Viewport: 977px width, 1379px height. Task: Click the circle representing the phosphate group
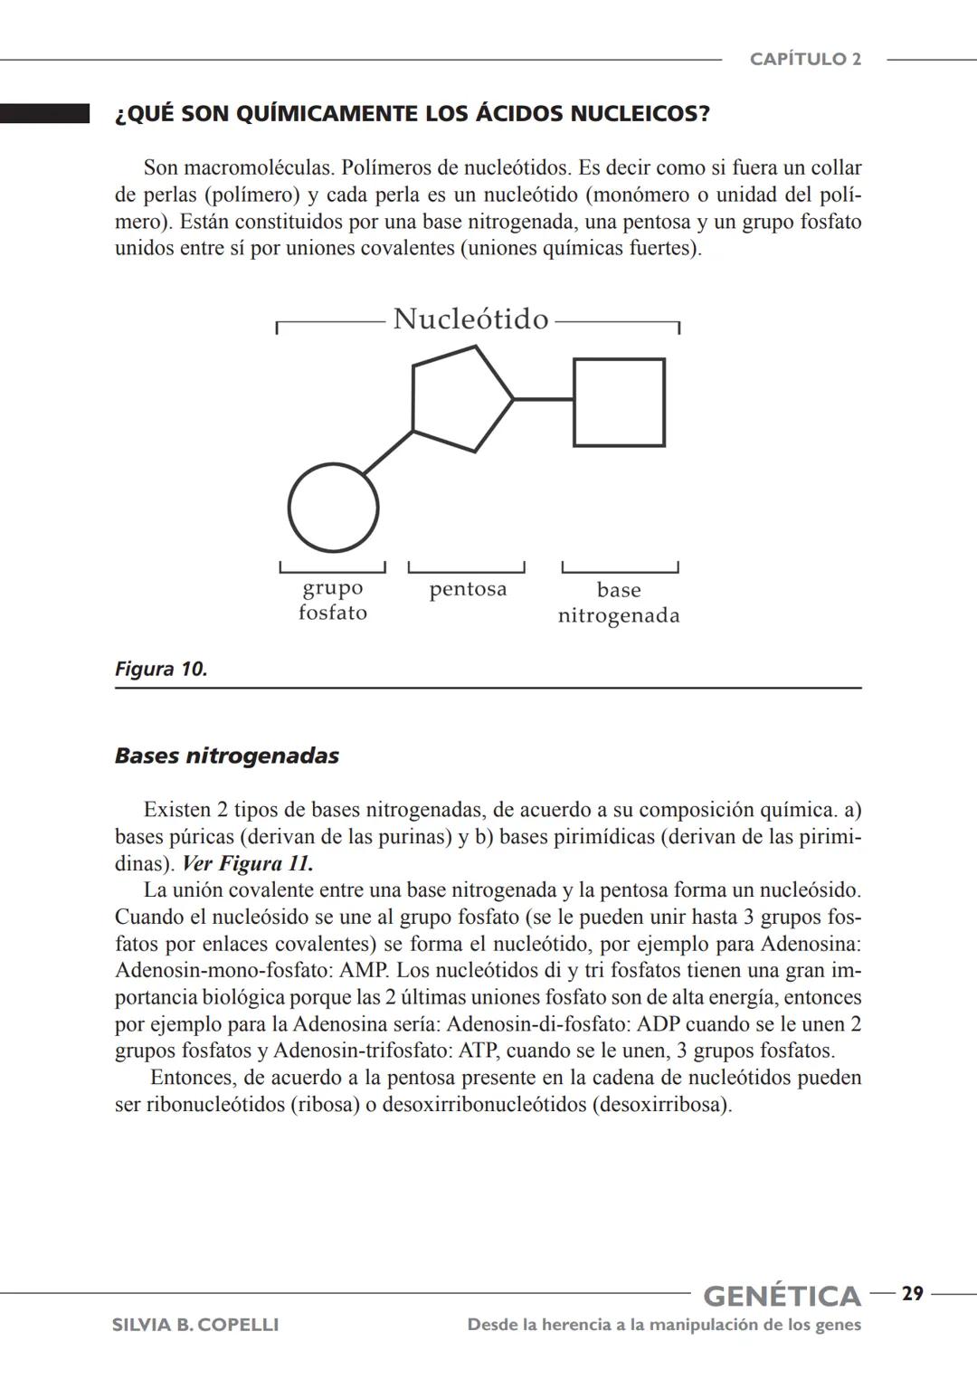(333, 508)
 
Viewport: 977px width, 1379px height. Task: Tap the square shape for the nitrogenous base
(619, 403)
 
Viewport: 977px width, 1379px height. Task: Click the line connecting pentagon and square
(543, 398)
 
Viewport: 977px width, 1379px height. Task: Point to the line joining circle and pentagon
(387, 452)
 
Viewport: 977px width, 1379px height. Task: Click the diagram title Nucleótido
(470, 319)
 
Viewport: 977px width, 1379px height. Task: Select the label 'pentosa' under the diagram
(468, 589)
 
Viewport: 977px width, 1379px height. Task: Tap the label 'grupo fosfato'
(333, 600)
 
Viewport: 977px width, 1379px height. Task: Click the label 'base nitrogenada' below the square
(619, 603)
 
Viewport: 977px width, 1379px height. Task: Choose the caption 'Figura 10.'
(161, 670)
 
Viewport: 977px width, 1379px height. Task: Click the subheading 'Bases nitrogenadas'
(226, 756)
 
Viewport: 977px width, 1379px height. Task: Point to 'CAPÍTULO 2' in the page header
(805, 60)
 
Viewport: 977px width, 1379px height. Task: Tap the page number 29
(913, 1295)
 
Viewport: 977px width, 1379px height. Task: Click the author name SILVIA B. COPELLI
(194, 1325)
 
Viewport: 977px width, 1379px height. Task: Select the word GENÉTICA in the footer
(782, 1297)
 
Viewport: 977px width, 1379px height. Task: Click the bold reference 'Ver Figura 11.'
(247, 863)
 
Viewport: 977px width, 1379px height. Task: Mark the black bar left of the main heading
(44, 113)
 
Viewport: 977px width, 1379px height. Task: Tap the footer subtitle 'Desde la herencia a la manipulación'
(664, 1325)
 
